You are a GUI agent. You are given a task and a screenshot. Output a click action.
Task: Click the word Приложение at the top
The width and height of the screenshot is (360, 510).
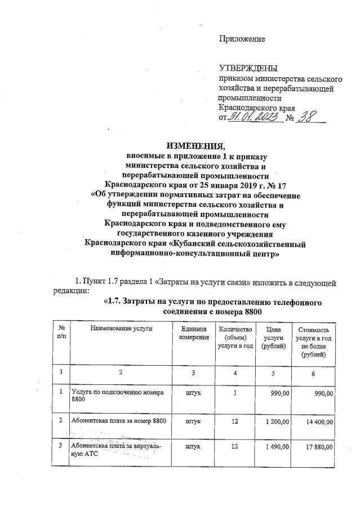coord(242,39)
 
